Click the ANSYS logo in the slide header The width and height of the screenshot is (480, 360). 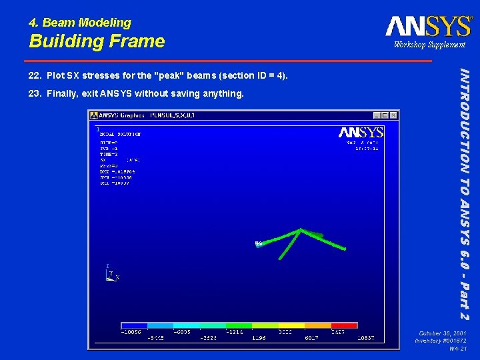pyautogui.click(x=428, y=26)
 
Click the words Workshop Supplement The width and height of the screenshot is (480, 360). pyautogui.click(x=429, y=45)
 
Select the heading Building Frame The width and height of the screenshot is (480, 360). pyautogui.click(x=97, y=41)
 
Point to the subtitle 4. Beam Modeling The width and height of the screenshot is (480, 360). pyautogui.click(x=80, y=23)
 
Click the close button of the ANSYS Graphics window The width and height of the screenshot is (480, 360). pyautogui.click(x=393, y=115)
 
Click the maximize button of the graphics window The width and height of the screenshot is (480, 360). pyautogui.click(x=385, y=115)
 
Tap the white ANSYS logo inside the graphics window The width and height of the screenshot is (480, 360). pyautogui.click(x=361, y=132)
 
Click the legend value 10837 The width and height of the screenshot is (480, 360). pyautogui.click(x=365, y=339)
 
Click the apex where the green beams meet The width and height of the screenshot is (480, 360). pyautogui.click(x=301, y=231)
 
